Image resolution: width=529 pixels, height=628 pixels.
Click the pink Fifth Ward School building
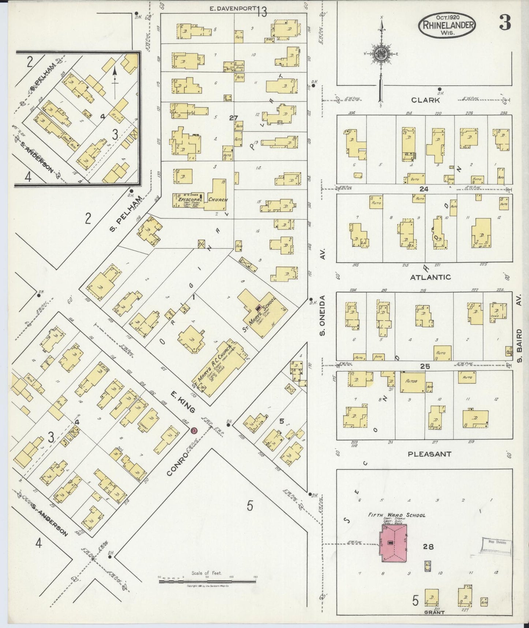pyautogui.click(x=393, y=543)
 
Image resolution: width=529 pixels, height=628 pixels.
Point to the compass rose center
pyautogui.click(x=381, y=54)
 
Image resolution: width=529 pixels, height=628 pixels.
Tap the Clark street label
pyautogui.click(x=425, y=100)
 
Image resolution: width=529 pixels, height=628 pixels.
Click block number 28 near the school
pyautogui.click(x=428, y=547)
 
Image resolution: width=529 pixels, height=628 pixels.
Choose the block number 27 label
pyautogui.click(x=234, y=118)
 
